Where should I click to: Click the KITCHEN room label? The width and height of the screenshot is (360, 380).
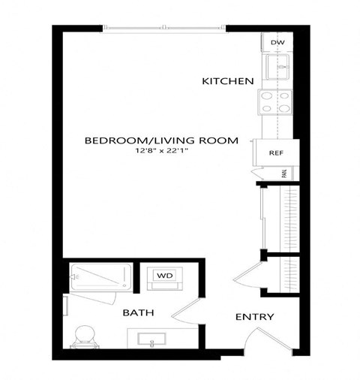[228, 81]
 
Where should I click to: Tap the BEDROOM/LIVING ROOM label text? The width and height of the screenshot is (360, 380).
[161, 140]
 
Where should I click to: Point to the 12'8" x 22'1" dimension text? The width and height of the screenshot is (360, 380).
[161, 152]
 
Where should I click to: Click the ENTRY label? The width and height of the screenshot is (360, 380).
[255, 317]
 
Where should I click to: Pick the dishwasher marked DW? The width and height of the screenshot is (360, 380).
[277, 43]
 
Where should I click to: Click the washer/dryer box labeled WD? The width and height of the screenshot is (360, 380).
[163, 276]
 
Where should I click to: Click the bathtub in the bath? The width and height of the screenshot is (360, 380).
[101, 277]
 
